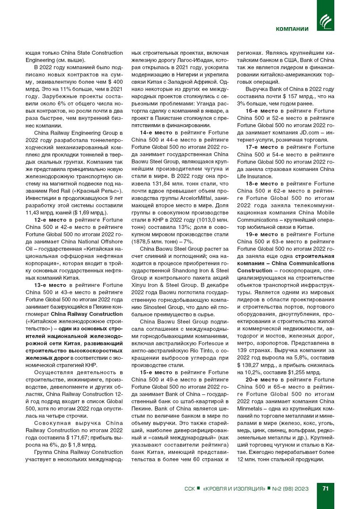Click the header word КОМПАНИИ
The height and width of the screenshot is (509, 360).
tap(292, 29)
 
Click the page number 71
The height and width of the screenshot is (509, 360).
tap(325, 488)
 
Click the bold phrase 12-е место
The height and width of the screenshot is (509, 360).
tap(50, 220)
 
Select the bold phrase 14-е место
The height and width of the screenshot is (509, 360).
tap(156, 133)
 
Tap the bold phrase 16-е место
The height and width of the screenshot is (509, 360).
tap(262, 111)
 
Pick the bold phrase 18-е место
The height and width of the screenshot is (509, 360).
tap(262, 184)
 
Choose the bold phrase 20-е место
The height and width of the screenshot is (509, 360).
tap(262, 380)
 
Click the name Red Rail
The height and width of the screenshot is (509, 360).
tap(59, 191)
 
